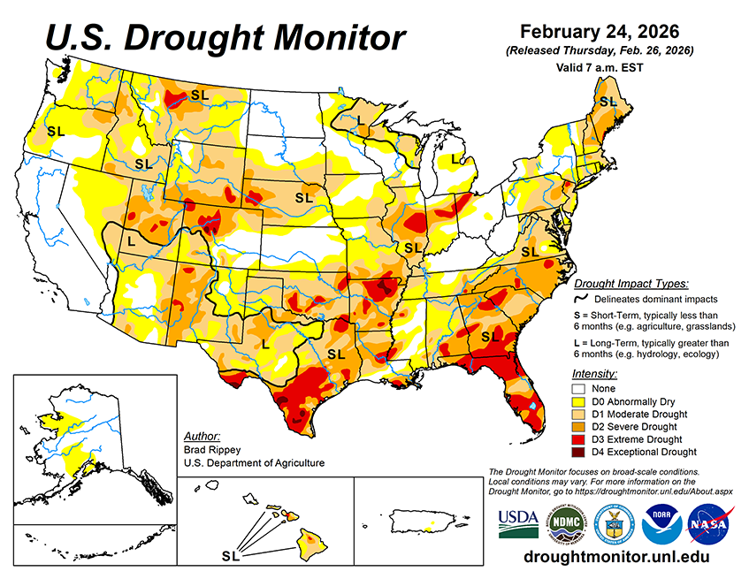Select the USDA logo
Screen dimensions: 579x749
[x=518, y=523]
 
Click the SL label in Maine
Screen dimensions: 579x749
[x=608, y=103]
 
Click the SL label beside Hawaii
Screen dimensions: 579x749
[x=231, y=557]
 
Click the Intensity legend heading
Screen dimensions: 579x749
[x=594, y=374]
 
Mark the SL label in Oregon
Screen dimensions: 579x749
[x=56, y=131]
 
